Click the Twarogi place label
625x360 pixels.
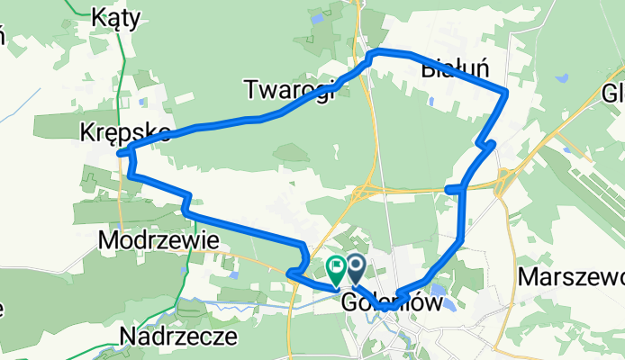(289, 87)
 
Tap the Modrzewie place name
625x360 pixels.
(159, 241)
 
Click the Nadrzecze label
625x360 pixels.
(178, 337)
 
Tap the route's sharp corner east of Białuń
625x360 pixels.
(507, 91)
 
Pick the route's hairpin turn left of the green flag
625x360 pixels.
(290, 273)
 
